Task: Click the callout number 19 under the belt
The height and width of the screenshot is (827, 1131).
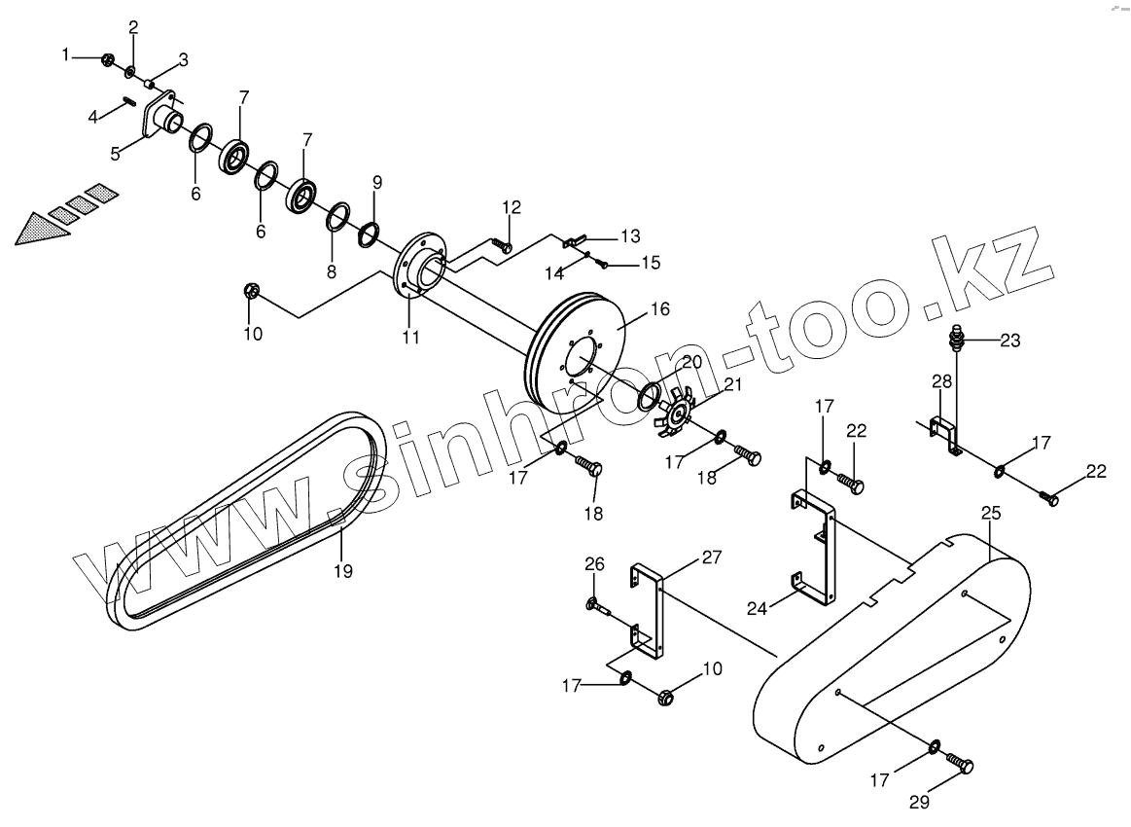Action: point(342,571)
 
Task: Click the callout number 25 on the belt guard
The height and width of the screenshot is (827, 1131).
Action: point(990,512)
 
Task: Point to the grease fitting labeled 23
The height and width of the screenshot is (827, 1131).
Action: point(954,342)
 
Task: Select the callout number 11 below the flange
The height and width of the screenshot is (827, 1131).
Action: point(410,338)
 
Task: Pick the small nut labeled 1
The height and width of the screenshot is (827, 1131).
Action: point(107,60)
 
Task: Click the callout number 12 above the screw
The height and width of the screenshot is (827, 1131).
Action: point(512,206)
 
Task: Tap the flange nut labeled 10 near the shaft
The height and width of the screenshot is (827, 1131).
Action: point(251,291)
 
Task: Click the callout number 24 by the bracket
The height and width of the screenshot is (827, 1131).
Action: point(757,609)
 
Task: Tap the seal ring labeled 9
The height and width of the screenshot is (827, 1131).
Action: point(369,234)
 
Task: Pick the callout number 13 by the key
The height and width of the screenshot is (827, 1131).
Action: point(630,235)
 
